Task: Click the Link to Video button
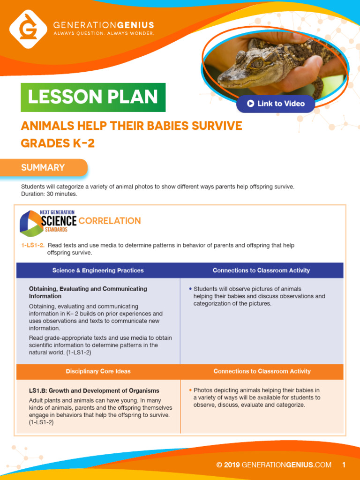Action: [x=276, y=104]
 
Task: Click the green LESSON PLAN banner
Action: [x=93, y=97]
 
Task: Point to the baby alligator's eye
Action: [x=257, y=63]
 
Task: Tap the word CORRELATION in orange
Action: [x=110, y=221]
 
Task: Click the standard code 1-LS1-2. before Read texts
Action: [x=32, y=246]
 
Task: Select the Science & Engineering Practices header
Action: [x=98, y=270]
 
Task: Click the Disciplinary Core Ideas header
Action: [x=98, y=371]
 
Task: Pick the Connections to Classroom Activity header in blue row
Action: [x=261, y=270]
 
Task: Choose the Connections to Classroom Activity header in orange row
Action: [x=262, y=371]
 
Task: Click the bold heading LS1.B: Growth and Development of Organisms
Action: [x=94, y=390]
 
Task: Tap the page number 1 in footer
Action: [x=344, y=465]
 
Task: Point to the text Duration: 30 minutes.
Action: [x=49, y=194]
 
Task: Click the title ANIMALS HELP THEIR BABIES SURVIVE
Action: [x=131, y=126]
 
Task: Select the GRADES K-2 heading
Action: [x=58, y=143]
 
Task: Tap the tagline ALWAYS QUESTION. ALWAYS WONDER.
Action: [x=104, y=34]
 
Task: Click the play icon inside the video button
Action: [x=251, y=104]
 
